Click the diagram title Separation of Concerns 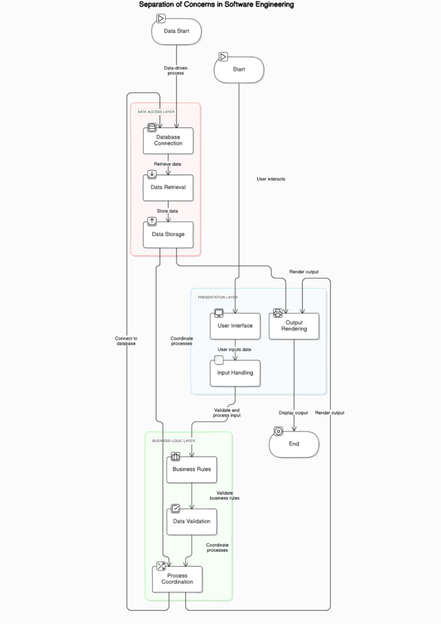click(216, 5)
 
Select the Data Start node click(176, 31)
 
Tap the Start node click(239, 69)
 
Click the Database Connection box click(168, 140)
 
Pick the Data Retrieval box click(168, 188)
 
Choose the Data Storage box click(168, 234)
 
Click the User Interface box click(235, 325)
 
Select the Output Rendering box click(294, 325)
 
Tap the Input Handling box click(235, 372)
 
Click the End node click(294, 444)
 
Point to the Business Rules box click(192, 469)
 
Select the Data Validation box click(192, 522)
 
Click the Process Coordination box click(177, 578)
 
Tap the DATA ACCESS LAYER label click(156, 112)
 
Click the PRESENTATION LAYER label click(217, 297)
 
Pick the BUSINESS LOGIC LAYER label click(174, 441)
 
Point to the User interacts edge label click(271, 179)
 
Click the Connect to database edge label click(126, 341)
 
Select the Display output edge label click(294, 413)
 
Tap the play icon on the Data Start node click(161, 19)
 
